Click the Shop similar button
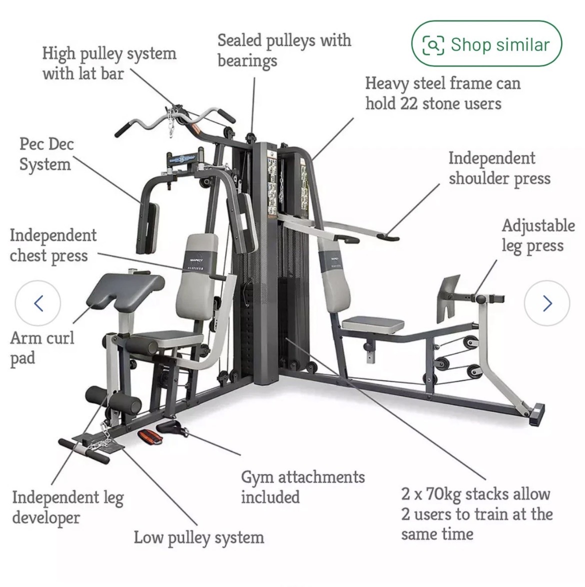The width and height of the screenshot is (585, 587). (486, 44)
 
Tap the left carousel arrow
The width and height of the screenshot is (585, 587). (38, 303)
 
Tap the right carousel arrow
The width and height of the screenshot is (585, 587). (547, 303)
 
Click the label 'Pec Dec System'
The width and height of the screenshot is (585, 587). (46, 154)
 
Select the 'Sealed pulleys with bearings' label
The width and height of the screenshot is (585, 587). (284, 50)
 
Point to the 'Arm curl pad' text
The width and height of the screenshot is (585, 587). (41, 348)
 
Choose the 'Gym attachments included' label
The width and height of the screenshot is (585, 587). (302, 487)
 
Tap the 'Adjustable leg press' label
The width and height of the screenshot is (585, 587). (538, 236)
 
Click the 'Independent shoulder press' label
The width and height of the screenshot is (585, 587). (499, 168)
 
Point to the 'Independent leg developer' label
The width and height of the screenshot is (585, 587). (67, 508)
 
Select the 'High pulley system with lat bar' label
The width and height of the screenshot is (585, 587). (109, 63)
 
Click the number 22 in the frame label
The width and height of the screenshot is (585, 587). (408, 103)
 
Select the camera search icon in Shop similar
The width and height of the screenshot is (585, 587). (433, 45)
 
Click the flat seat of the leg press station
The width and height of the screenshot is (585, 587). (373, 324)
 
